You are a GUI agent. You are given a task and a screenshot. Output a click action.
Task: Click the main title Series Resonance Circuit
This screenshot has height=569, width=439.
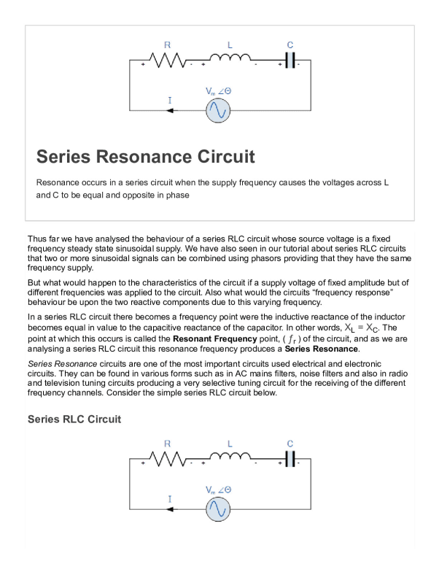[146, 157]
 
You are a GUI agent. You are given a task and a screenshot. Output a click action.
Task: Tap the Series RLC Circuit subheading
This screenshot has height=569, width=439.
[74, 419]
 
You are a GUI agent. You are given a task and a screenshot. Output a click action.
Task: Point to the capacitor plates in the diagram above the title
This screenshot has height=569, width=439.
[290, 61]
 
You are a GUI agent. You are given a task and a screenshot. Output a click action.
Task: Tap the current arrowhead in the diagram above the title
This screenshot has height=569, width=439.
[170, 111]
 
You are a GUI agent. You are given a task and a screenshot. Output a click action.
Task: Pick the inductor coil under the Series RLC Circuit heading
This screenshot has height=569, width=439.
[229, 458]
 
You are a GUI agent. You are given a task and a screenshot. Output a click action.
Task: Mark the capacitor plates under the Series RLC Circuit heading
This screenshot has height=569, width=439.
[290, 459]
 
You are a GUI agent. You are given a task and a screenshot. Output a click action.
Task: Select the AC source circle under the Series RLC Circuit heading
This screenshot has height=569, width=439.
[217, 508]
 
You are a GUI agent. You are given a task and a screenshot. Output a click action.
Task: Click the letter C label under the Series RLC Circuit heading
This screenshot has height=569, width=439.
[290, 443]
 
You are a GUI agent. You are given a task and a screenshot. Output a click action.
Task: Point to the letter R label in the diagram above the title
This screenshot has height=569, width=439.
[167, 44]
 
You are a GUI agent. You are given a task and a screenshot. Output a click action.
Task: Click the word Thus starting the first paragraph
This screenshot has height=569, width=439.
[37, 239]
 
